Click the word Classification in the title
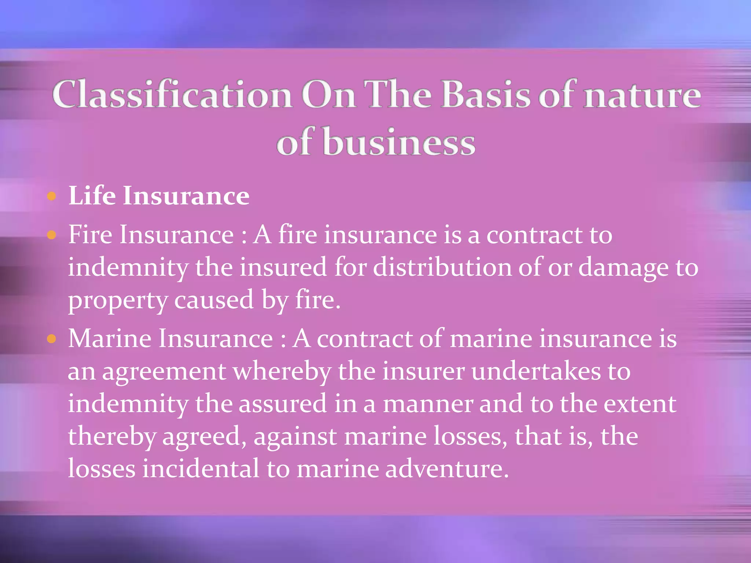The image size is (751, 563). point(172,95)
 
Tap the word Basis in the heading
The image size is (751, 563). point(486,95)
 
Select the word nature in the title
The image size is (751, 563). point(642,95)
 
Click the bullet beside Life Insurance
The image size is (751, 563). point(52,196)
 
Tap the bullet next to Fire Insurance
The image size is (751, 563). point(52,235)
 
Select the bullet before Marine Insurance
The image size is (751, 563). point(52,339)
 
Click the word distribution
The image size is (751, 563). point(442,267)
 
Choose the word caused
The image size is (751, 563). point(214,300)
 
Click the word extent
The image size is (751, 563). point(640,404)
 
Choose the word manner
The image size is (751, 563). point(428,404)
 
